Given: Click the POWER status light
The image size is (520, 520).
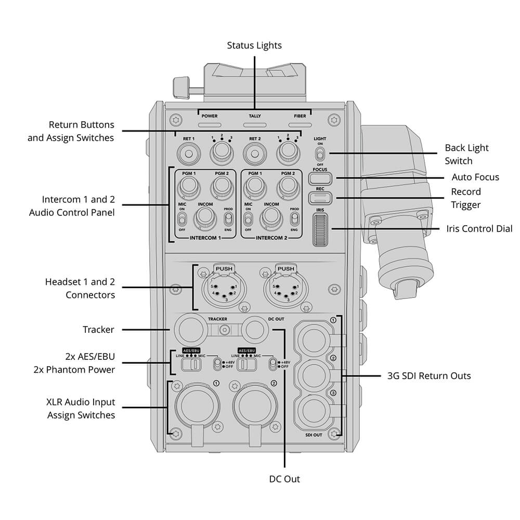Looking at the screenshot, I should pyautogui.click(x=209, y=125).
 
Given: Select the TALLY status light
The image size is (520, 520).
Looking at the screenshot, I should pyautogui.click(x=255, y=125).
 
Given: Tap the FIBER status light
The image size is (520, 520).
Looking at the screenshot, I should pyautogui.click(x=301, y=125).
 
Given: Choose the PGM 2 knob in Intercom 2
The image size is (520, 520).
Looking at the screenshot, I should pyautogui.click(x=288, y=187).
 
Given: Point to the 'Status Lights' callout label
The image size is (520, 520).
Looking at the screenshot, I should pyautogui.click(x=254, y=45).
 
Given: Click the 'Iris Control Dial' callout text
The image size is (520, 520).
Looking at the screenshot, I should pyautogui.click(x=479, y=228).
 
